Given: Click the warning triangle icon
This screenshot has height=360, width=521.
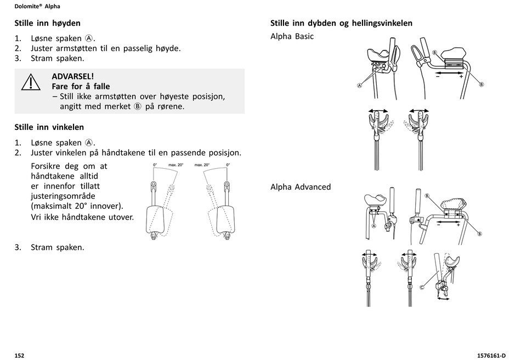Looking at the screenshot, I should click(x=31, y=83).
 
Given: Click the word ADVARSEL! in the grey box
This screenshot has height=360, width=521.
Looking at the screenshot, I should click(x=73, y=76).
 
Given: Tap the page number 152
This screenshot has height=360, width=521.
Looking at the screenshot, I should click(x=19, y=356).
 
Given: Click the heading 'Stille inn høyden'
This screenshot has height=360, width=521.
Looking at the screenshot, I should click(x=47, y=23).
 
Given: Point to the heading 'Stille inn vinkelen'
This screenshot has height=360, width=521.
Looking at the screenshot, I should click(x=49, y=127).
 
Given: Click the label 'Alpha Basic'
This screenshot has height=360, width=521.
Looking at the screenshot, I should click(x=292, y=36).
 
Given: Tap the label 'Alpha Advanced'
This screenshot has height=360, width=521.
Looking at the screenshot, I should click(x=301, y=187).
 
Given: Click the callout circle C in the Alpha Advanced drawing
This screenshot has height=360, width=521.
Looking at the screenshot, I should click(x=423, y=287).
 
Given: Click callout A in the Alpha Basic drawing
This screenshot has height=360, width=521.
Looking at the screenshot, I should click(x=360, y=85).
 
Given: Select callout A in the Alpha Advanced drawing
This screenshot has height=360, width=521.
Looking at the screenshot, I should click(x=373, y=225).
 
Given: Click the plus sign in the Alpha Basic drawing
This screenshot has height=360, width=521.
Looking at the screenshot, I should click(x=461, y=77).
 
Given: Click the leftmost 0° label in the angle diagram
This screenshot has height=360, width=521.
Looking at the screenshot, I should click(x=155, y=165).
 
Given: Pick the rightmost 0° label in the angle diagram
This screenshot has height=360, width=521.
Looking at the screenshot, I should click(x=228, y=165).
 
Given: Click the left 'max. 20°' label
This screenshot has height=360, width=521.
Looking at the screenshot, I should click(x=175, y=165).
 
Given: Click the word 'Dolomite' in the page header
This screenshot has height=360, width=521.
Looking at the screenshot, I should click(x=29, y=7).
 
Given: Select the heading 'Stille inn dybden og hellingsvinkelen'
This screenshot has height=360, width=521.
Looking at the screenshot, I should click(x=341, y=23).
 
